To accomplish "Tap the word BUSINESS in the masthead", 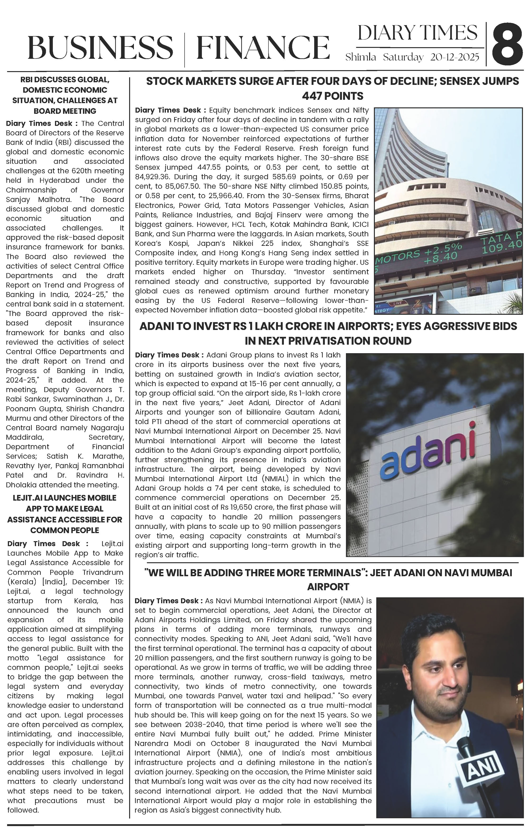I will pos(100,47).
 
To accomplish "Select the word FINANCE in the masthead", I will pos(263,47).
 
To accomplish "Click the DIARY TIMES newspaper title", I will pos(417,33).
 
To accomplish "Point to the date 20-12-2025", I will pos(455,57).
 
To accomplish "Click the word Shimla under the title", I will pos(360,57).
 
